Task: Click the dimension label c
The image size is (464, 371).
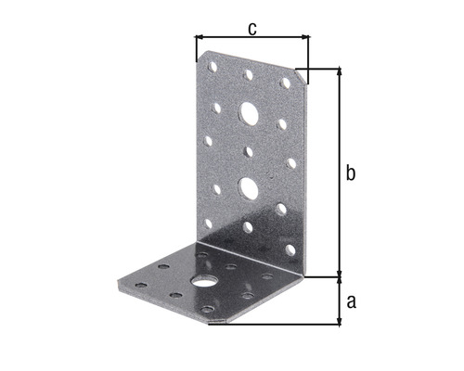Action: tap(252, 28)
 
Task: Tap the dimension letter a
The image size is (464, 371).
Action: tap(352, 301)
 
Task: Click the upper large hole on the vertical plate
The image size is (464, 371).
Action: tap(249, 114)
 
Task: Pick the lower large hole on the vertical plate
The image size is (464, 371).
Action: tap(249, 188)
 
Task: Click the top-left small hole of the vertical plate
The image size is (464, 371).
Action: tap(213, 68)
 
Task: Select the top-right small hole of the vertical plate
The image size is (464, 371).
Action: tap(286, 83)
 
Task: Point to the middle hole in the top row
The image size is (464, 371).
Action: tap(248, 74)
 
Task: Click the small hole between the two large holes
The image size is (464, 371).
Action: tap(250, 150)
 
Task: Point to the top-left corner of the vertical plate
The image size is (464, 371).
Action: tap(197, 51)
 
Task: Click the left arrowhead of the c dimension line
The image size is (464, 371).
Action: tap(199, 38)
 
